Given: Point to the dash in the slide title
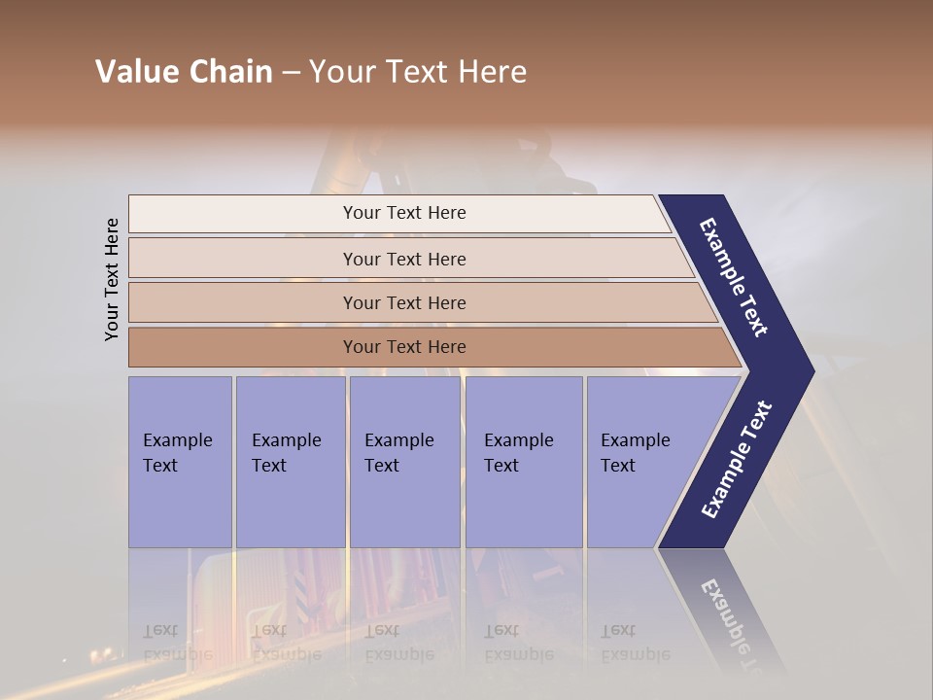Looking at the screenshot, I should coord(291,73).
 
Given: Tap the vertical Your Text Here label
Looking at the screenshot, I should coord(112,279).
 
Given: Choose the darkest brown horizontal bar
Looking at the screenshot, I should coord(243,347).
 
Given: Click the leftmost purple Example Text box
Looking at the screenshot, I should coord(180,462).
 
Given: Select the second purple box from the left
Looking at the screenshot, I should coord(290,462).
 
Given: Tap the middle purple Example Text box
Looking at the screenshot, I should coord(404,462).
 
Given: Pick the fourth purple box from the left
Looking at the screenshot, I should coord(523,462).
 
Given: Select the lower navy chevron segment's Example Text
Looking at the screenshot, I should coord(737,460).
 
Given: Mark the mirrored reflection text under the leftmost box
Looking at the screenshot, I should coord(177,643).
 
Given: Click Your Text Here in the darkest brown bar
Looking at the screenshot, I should coord(404,347).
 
